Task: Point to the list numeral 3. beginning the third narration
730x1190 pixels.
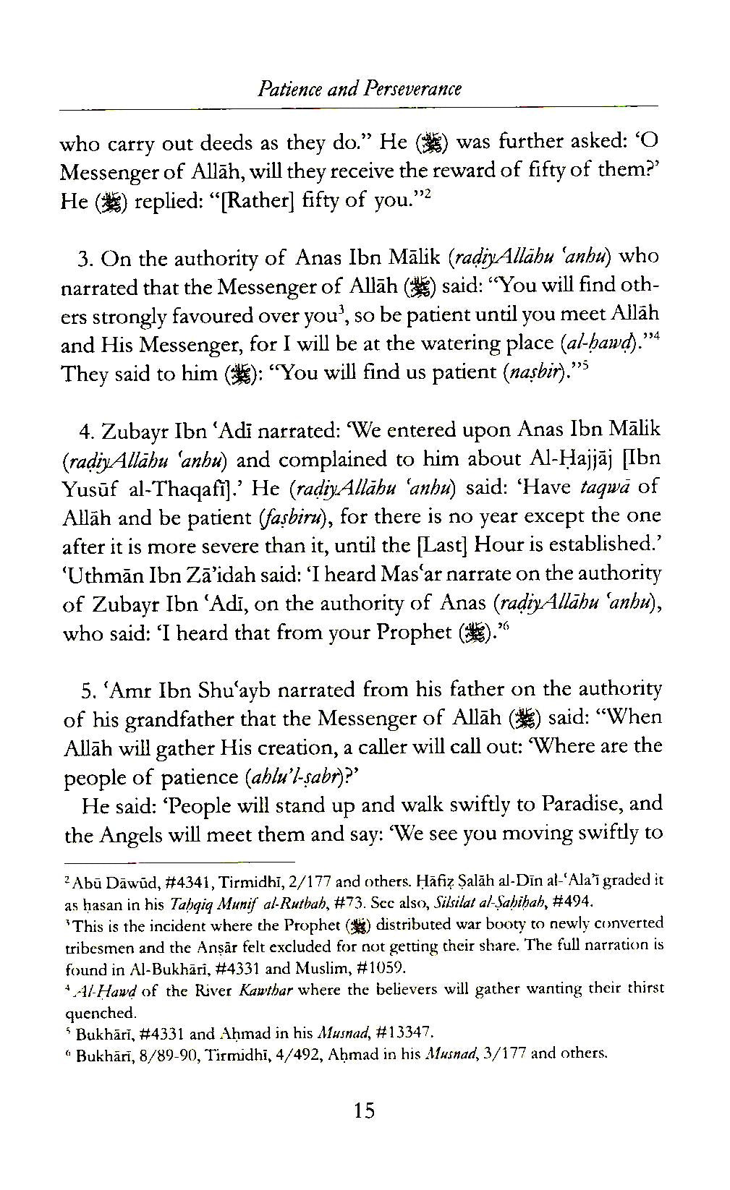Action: (x=87, y=259)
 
